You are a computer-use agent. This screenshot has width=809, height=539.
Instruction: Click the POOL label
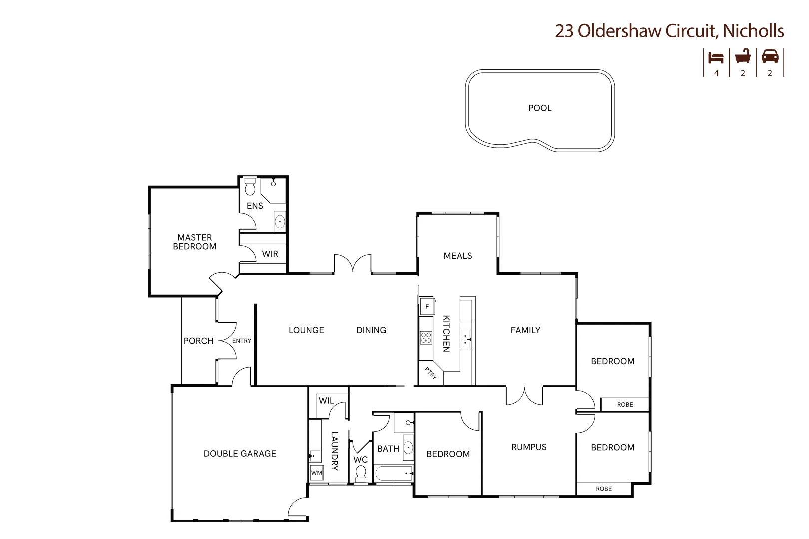(540, 108)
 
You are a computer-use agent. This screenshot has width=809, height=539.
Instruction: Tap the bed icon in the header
(716, 58)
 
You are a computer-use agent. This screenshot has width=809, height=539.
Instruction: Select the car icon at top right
(770, 56)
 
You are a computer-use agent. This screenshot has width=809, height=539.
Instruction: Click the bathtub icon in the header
(743, 56)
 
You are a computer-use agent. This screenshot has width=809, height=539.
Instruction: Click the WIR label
(270, 254)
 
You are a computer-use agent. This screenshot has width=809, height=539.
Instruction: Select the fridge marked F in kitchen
(427, 306)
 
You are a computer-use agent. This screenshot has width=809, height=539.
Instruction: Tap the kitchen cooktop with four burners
(426, 338)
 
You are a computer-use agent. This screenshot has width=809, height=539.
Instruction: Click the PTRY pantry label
(431, 373)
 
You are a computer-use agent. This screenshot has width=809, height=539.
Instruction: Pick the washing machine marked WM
(316, 473)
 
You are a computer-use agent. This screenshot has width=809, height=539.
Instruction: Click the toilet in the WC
(360, 473)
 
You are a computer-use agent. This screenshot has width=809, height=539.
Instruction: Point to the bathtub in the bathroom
(394, 473)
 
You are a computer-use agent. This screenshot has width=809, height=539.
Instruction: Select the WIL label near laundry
(326, 401)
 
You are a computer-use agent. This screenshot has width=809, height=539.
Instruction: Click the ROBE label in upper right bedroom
(625, 405)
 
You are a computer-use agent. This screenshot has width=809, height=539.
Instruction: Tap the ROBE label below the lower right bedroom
(603, 489)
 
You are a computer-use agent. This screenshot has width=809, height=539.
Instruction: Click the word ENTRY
(242, 341)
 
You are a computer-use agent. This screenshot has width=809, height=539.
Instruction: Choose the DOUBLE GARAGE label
(240, 454)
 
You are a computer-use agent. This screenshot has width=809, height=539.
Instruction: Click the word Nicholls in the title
(753, 31)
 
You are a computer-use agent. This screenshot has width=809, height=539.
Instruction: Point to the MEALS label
(458, 256)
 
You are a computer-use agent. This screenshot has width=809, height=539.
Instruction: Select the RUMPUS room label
(529, 447)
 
